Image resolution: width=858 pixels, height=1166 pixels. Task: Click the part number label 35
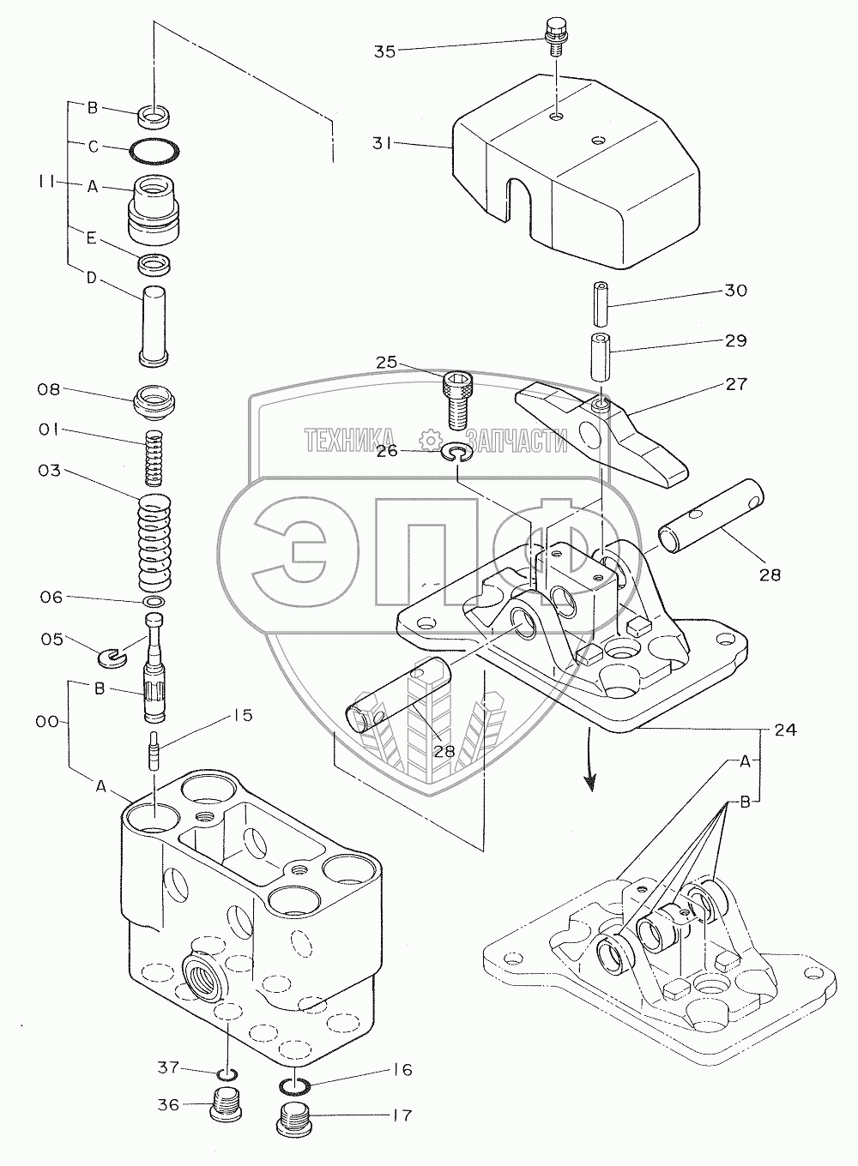coord(384,51)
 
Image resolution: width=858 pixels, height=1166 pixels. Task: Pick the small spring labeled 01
coord(156,456)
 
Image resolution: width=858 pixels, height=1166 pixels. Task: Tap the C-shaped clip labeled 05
coord(112,657)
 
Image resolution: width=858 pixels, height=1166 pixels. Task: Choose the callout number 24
coord(785,730)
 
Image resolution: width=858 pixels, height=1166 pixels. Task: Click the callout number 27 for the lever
coord(735,384)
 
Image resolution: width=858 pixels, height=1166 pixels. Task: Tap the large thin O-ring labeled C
coord(155,151)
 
